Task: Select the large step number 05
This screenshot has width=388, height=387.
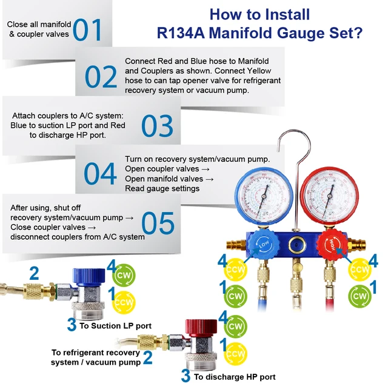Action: [158, 223]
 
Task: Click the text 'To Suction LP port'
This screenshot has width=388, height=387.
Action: [115, 326]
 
